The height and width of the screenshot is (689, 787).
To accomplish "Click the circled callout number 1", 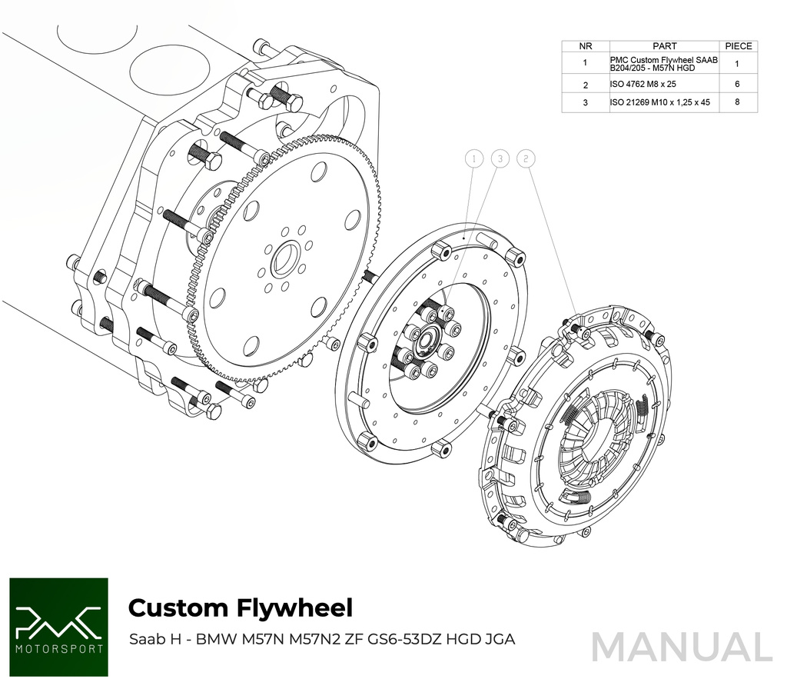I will [x=475, y=159].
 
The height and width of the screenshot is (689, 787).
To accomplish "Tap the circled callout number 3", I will [x=500, y=159].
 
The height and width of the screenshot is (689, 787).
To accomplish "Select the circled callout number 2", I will [x=526, y=159].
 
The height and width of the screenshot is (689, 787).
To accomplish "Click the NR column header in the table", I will [x=586, y=46].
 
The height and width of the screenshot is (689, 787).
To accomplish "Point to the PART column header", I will [x=664, y=46].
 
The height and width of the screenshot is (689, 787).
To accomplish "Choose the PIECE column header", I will [x=737, y=46].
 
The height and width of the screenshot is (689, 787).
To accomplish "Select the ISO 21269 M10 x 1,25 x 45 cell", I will [x=660, y=102].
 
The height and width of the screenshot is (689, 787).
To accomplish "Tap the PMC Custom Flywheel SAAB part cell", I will [x=664, y=63].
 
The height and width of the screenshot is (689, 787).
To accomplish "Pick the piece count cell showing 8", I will [x=737, y=102].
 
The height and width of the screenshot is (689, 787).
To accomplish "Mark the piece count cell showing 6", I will [x=737, y=84].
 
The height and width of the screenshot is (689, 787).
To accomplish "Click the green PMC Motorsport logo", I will [x=58, y=627].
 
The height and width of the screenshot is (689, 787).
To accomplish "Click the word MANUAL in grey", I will [x=681, y=647].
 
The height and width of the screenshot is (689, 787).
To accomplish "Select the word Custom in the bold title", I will [x=178, y=607].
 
